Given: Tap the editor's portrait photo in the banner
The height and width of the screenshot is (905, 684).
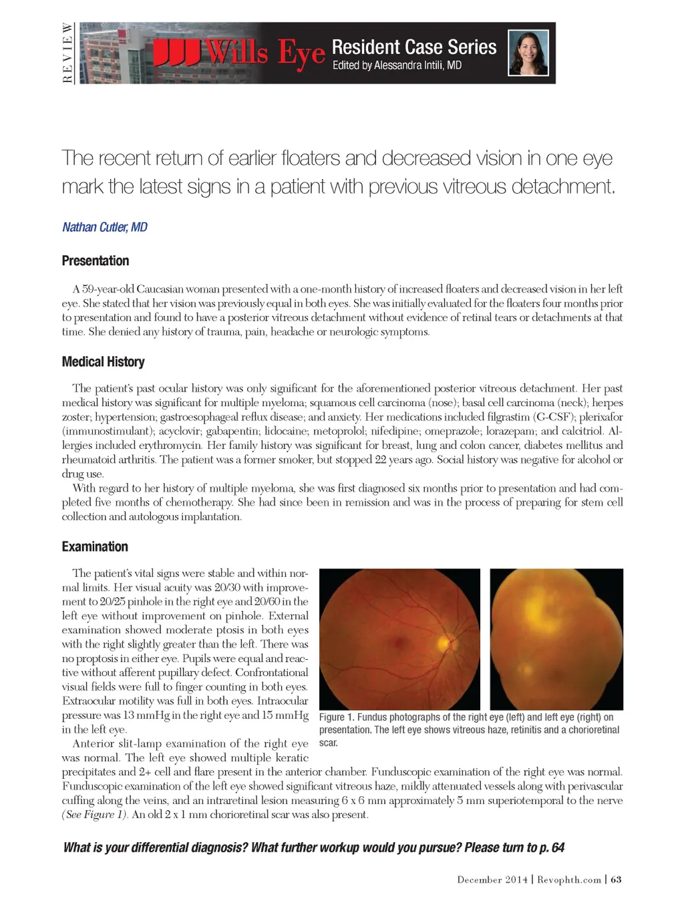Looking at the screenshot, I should point(528,52).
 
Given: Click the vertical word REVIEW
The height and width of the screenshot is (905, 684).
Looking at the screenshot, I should point(67,53).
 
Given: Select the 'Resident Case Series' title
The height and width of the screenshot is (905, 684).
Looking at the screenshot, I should point(414,47).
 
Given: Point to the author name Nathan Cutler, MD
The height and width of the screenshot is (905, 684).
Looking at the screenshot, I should point(105,227).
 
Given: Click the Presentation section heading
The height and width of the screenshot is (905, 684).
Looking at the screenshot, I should point(96,260).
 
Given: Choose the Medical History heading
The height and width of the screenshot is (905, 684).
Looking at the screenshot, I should point(103,361).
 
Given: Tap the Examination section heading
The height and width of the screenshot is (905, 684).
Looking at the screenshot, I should point(95,546).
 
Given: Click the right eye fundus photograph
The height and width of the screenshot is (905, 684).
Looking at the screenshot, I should point(399,639).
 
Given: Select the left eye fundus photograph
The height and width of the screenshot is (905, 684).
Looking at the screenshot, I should point(556,639).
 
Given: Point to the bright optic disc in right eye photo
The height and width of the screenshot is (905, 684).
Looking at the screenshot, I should point(443,643).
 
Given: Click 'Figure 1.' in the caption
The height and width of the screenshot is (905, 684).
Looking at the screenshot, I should point(336,717).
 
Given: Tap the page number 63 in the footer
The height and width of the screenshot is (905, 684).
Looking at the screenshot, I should point(616,880).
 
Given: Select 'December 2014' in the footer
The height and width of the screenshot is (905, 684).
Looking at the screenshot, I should point(492,880).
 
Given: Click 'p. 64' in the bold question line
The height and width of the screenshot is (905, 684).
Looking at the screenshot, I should point(552,848).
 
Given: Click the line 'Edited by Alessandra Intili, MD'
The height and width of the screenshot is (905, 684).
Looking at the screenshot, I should point(397,65).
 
